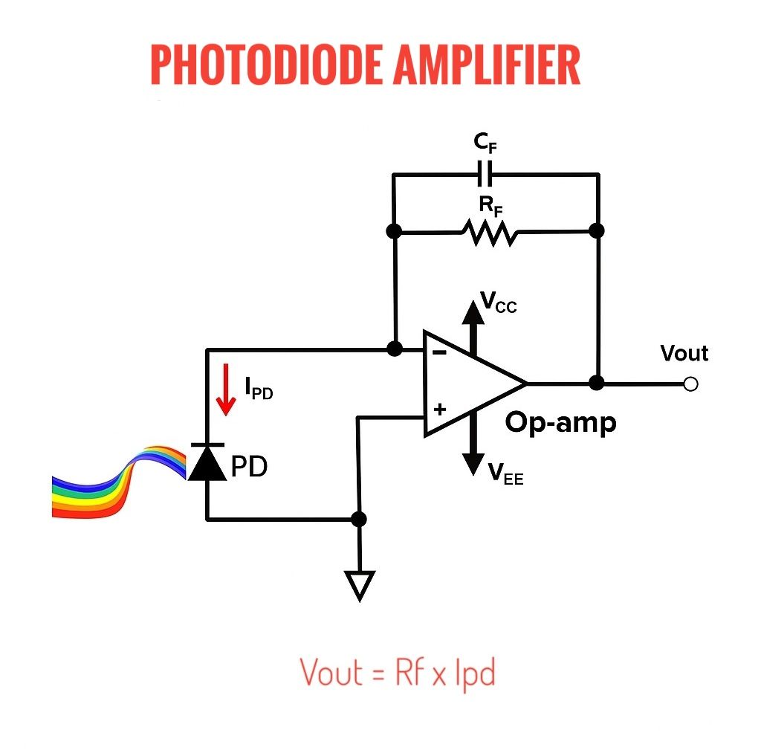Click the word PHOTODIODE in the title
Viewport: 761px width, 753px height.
[266, 65]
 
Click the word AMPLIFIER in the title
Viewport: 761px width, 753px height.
[487, 65]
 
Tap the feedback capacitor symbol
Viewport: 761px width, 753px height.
[485, 173]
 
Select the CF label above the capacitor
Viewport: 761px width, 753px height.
[485, 143]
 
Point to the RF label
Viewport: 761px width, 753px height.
[490, 205]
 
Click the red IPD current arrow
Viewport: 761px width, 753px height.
[226, 390]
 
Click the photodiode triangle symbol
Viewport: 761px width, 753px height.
[207, 462]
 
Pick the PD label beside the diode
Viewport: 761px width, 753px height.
[249, 466]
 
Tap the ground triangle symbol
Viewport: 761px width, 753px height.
[360, 586]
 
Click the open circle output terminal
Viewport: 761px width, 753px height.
[690, 384]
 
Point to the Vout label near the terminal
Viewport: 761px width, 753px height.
[684, 353]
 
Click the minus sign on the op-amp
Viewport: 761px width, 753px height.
[440, 353]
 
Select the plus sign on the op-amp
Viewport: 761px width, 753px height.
[440, 410]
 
